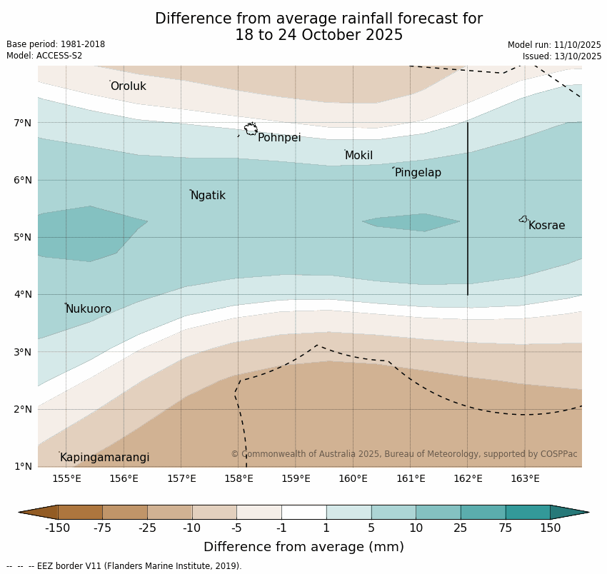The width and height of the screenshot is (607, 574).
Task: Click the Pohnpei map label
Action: tap(279, 138)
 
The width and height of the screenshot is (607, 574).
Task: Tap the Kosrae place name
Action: tap(546, 226)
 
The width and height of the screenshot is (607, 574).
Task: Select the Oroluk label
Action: tap(128, 86)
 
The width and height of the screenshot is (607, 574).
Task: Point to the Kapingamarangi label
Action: tap(104, 458)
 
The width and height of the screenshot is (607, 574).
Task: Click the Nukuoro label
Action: tap(89, 309)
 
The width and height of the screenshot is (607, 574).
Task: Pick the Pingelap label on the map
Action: tap(418, 173)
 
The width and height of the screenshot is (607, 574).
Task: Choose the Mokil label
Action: tap(358, 156)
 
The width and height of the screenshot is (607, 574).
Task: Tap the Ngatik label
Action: tap(208, 196)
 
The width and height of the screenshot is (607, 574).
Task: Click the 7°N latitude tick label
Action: tap(23, 123)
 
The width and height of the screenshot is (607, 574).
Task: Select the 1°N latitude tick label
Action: tap(23, 466)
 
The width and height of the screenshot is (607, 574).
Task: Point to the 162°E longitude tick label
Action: tap(468, 478)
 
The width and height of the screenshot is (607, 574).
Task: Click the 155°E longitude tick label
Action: tap(66, 478)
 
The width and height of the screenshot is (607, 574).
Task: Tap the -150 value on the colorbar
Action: tap(57, 528)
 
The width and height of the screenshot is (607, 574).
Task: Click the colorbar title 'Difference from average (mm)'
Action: tap(303, 548)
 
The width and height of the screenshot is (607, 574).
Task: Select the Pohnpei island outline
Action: tap(251, 129)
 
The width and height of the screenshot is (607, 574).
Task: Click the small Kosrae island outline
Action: tap(523, 219)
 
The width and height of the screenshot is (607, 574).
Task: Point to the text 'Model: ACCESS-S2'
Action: tap(44, 56)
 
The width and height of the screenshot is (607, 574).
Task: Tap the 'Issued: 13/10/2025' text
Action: tap(561, 56)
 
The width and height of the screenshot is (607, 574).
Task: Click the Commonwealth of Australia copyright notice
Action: tap(403, 454)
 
